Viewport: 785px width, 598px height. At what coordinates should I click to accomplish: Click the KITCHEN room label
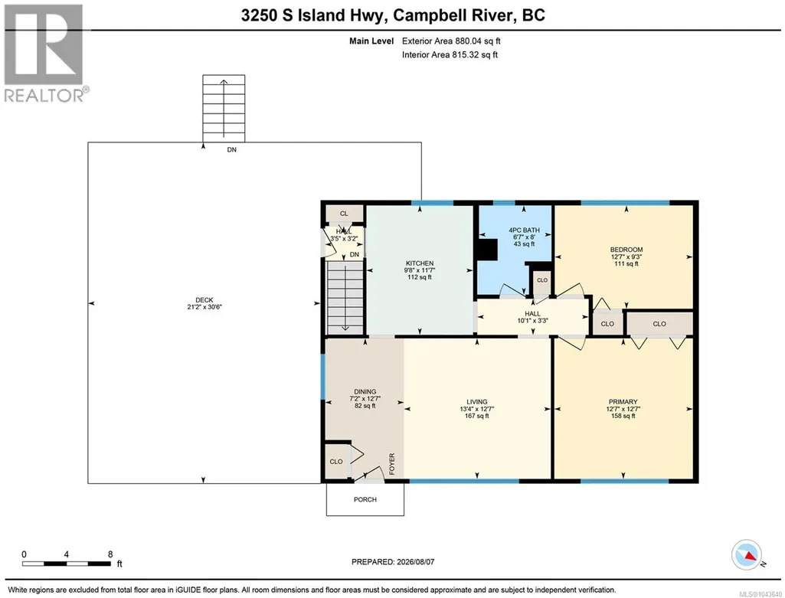420,263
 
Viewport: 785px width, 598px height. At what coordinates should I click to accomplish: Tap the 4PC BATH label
524,230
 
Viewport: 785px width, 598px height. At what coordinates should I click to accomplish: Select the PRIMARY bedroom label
623,402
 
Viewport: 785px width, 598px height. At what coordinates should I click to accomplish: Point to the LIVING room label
476,402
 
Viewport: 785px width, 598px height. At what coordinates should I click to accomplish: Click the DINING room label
365,392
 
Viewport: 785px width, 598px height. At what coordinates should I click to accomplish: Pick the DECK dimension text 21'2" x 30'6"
204,307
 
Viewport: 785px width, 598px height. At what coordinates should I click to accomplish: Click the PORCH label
365,499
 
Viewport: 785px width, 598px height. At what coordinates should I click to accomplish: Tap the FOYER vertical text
392,464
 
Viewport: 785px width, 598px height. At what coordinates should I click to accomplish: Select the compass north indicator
747,555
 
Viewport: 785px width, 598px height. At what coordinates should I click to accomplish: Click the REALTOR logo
45,53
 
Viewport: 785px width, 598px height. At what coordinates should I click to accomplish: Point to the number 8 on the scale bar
110,554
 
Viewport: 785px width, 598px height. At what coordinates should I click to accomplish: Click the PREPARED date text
393,562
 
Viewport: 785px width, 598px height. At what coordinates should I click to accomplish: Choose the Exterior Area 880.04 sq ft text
451,41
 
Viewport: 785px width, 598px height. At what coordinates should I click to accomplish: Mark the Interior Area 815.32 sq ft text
450,54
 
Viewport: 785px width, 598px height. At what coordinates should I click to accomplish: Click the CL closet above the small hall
344,213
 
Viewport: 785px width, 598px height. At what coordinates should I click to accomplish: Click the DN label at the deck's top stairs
232,149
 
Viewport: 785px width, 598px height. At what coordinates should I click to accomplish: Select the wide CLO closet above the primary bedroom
660,324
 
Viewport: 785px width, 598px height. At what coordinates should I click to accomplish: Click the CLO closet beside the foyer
336,462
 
